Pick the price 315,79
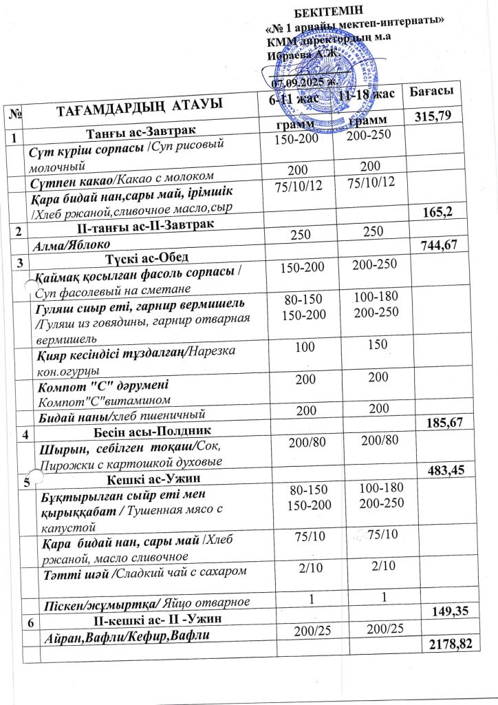tap(433, 115)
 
